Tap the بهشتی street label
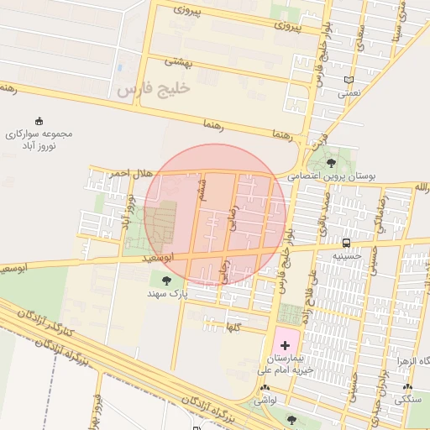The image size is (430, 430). (178, 61)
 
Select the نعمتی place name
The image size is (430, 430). (349, 94)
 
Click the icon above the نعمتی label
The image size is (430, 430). (349, 81)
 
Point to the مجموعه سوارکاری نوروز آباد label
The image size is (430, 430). (39, 139)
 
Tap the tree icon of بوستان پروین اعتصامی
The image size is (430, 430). (331, 162)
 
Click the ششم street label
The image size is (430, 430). (202, 188)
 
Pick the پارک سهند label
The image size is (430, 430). (165, 293)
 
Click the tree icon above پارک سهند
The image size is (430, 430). (165, 280)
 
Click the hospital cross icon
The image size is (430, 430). (285, 345)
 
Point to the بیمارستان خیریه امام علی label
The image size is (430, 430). (286, 363)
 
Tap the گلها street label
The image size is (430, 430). (233, 328)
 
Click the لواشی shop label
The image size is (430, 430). (266, 401)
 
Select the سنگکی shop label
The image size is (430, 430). (408, 401)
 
